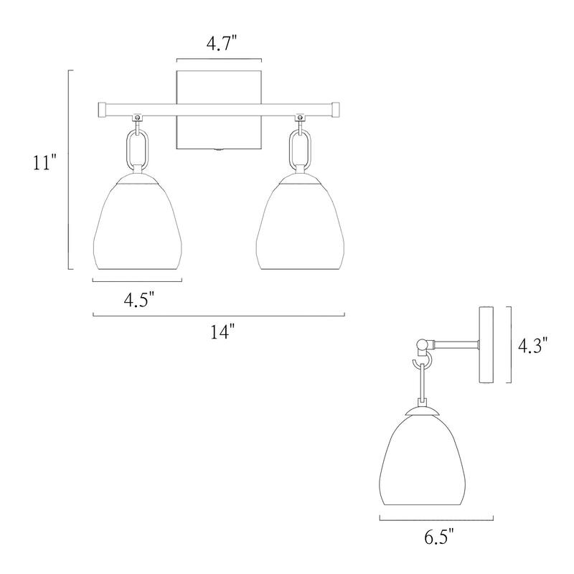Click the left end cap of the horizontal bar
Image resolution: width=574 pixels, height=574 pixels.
click(102, 109)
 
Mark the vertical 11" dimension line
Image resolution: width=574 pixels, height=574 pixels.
click(69, 169)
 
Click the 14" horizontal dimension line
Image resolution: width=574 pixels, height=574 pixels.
click(219, 314)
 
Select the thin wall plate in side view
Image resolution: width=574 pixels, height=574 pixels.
click(486, 344)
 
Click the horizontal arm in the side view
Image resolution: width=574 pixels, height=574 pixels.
click(456, 345)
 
